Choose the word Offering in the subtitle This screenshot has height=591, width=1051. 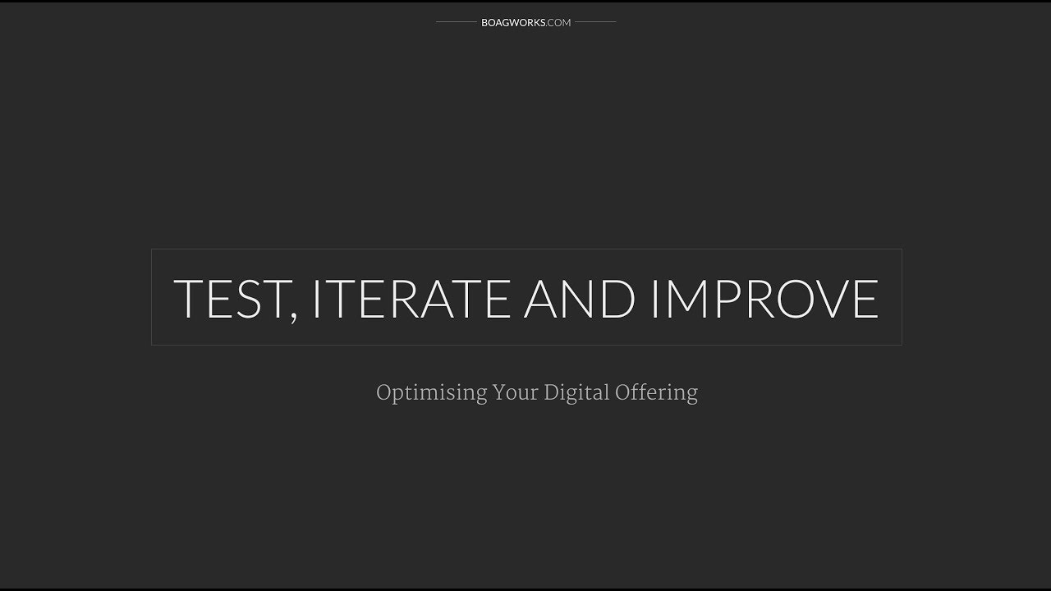657,393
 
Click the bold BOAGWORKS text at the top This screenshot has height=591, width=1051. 513,22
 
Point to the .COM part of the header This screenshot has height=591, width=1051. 558,22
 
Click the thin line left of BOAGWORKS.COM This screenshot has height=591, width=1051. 456,22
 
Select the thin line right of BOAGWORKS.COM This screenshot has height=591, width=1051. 595,22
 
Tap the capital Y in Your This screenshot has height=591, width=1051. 499,392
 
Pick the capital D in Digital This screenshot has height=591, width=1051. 550,392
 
